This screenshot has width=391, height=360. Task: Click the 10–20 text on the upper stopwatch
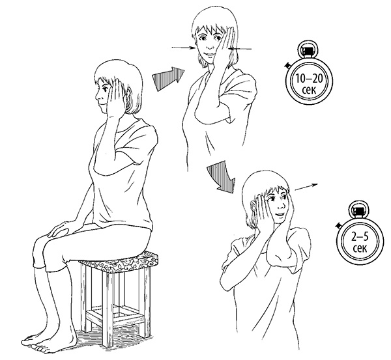click(309, 79)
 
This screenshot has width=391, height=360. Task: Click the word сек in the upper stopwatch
click(309, 89)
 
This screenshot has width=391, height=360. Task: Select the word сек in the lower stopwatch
click(360, 248)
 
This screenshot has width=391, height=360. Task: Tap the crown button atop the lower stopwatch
click(358, 210)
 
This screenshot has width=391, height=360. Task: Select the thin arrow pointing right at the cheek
click(184, 48)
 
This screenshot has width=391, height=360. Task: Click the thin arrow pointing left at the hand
click(241, 49)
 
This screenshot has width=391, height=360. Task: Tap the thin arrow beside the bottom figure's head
click(306, 187)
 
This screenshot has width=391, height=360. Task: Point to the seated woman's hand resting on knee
click(59, 228)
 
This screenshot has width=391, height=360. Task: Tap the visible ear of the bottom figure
click(253, 206)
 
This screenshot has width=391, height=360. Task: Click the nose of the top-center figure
click(210, 46)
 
